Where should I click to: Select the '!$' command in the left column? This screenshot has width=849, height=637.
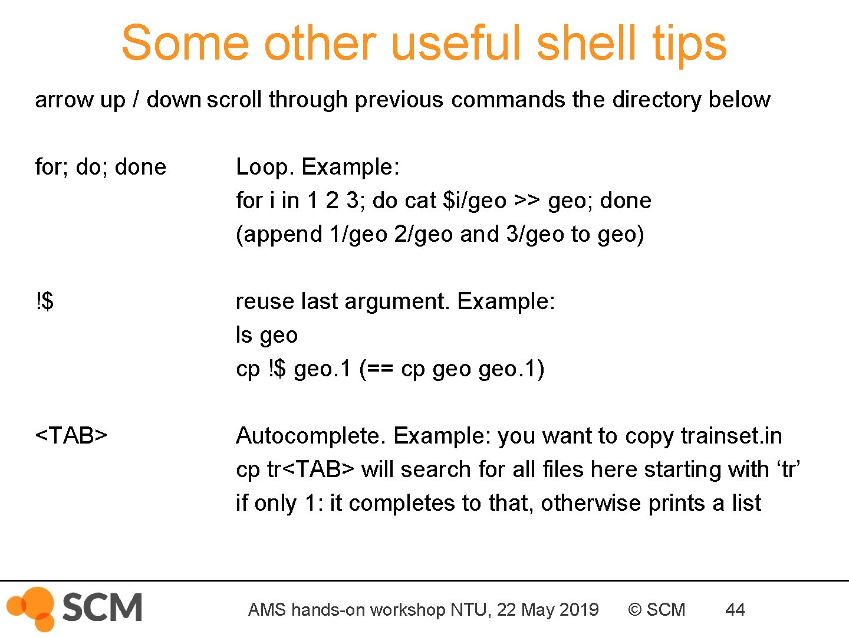[x=44, y=301]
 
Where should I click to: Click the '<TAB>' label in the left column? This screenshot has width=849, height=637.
[x=71, y=435]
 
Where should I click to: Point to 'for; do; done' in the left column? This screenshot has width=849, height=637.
[x=100, y=167]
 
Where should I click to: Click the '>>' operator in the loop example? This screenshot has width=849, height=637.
[x=526, y=201]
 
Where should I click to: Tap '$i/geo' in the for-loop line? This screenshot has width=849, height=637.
[x=475, y=201]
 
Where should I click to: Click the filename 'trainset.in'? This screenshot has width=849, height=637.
[x=731, y=436]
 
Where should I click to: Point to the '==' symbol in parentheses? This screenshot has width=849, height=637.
[x=380, y=369]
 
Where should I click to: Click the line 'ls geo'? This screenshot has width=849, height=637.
[x=266, y=335]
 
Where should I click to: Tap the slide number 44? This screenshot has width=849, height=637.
[x=735, y=609]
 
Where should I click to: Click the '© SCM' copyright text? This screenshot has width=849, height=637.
[x=657, y=609]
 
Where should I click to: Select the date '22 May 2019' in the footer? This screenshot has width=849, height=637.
[x=548, y=609]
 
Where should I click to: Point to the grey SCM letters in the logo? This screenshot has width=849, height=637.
[x=101, y=608]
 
